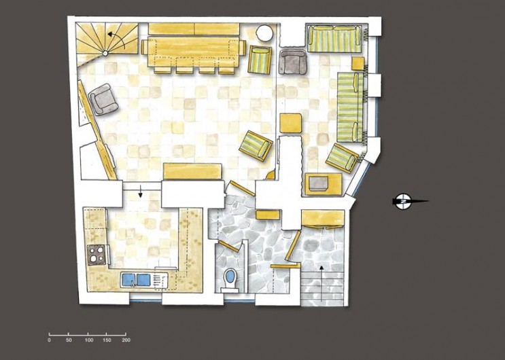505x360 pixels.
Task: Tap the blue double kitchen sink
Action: [x=137, y=278]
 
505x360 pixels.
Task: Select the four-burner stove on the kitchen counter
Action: [x=97, y=255]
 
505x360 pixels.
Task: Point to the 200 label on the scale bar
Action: [x=126, y=340]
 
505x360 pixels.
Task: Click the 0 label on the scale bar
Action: [x=49, y=340]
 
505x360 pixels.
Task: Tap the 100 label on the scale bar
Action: [x=88, y=340]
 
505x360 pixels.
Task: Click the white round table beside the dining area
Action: [x=264, y=34]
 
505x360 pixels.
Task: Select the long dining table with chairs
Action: [x=193, y=50]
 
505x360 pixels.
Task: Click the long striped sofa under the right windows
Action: [x=351, y=105]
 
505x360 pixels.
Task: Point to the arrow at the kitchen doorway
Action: [x=141, y=192]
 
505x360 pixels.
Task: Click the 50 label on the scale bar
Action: [x=69, y=340]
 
